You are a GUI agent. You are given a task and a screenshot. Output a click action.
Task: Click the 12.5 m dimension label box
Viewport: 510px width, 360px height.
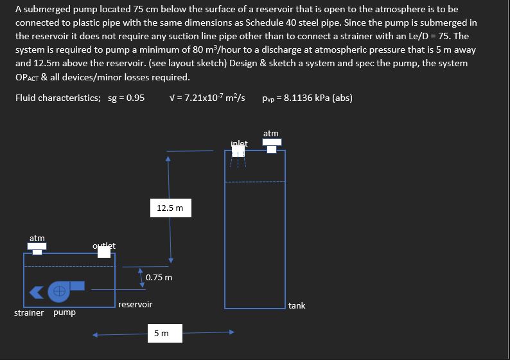click(x=171, y=208)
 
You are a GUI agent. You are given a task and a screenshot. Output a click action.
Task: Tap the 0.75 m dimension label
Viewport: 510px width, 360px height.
click(x=159, y=278)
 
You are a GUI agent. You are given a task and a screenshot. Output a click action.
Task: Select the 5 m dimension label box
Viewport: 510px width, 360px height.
click(x=165, y=333)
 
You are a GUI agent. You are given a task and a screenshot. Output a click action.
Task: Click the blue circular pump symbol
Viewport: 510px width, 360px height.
click(x=59, y=291)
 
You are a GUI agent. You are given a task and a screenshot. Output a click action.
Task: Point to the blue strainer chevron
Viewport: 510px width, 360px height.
click(x=37, y=292)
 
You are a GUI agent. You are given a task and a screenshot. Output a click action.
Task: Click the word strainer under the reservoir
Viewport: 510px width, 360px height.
click(x=29, y=313)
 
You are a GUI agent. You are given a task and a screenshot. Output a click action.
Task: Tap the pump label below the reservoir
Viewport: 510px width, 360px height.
click(x=64, y=313)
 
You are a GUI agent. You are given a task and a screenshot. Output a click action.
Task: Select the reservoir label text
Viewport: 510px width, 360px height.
click(x=136, y=304)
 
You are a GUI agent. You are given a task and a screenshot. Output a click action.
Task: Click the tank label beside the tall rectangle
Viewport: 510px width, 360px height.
click(x=297, y=305)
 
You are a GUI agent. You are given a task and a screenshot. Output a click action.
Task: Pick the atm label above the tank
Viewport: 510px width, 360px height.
click(x=271, y=134)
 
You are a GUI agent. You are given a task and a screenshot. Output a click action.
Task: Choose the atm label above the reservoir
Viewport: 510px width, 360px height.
click(x=37, y=239)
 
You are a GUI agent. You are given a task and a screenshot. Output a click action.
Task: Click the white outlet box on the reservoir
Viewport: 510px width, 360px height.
click(x=104, y=252)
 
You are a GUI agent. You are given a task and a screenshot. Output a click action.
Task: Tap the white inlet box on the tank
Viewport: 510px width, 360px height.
click(x=238, y=151)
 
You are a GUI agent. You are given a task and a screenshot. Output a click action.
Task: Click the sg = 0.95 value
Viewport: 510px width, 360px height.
click(x=126, y=98)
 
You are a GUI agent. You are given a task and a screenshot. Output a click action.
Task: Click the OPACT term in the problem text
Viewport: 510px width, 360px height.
click(x=27, y=78)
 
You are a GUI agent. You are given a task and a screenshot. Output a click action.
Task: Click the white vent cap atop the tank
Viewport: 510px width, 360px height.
click(x=272, y=145)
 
